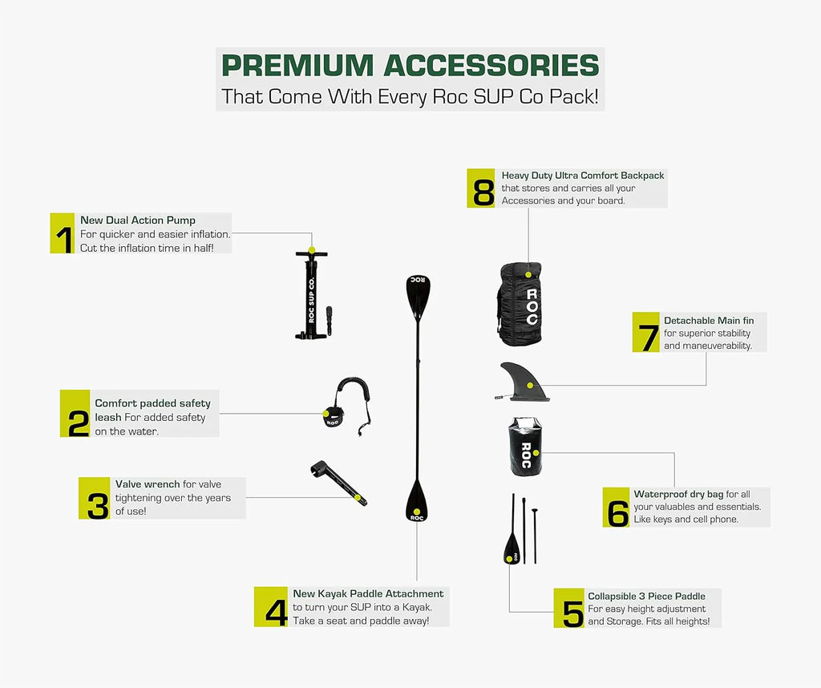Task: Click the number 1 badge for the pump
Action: click(x=63, y=233)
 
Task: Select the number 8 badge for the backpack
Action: click(x=483, y=188)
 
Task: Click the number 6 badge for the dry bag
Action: click(x=617, y=508)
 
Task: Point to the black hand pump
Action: click(x=313, y=297)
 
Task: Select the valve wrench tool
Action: click(x=338, y=484)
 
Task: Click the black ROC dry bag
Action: click(x=526, y=448)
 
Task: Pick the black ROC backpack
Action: click(x=520, y=305)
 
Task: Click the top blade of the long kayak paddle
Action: click(x=419, y=293)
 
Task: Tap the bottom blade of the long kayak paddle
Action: click(x=416, y=502)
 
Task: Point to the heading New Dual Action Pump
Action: click(x=138, y=221)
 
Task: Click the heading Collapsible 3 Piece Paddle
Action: click(x=646, y=596)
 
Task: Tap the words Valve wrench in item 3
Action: click(x=148, y=484)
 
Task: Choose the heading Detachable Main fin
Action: click(x=709, y=321)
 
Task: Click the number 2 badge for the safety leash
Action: click(x=75, y=413)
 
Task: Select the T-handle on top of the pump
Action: click(x=312, y=254)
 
